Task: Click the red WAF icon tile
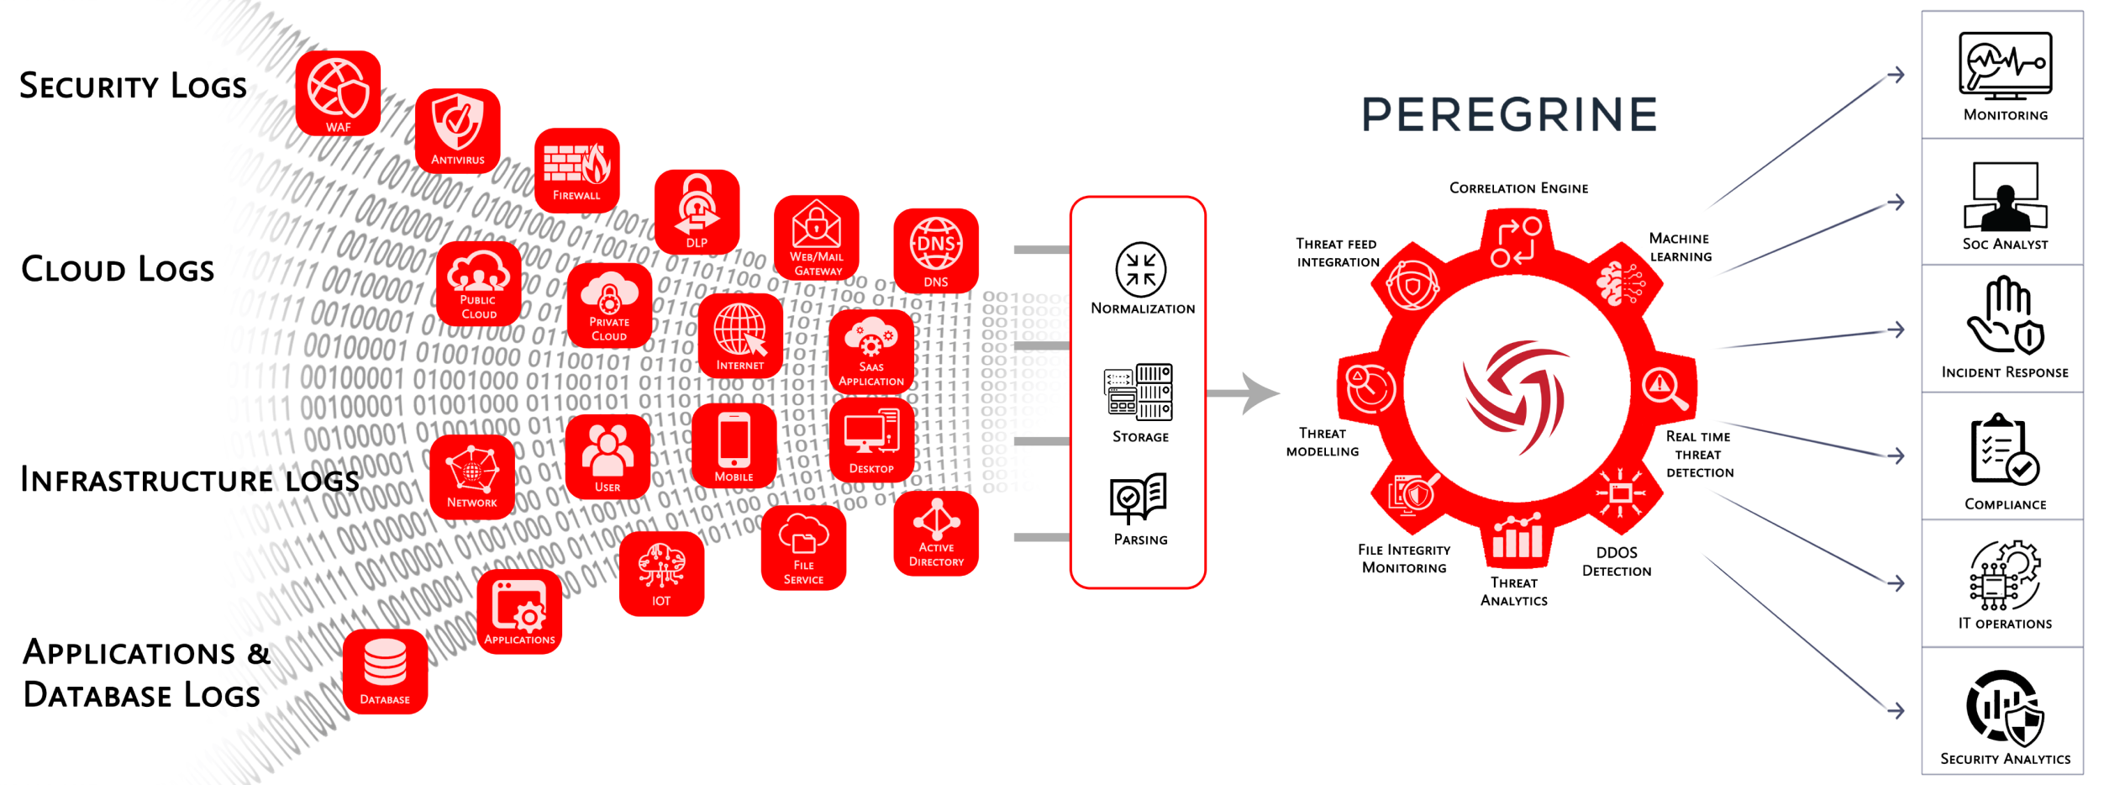(x=338, y=92)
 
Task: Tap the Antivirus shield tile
(x=458, y=130)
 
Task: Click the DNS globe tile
(x=936, y=250)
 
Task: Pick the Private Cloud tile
(x=609, y=305)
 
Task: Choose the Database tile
(x=385, y=672)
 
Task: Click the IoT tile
(x=661, y=573)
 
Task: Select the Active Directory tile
(x=936, y=534)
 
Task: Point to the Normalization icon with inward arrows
(x=1140, y=270)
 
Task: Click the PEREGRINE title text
(x=1509, y=115)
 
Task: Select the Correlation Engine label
(x=1518, y=188)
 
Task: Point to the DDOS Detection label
(x=1617, y=561)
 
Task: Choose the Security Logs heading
(x=133, y=86)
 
